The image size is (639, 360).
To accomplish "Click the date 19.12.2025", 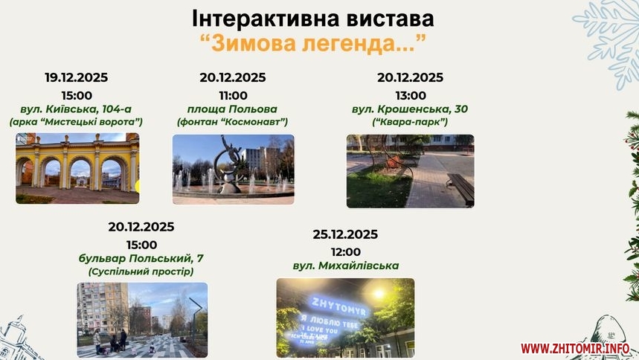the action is (x=76, y=77).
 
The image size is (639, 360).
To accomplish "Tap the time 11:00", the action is (x=233, y=95).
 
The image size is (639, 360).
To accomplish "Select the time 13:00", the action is (x=411, y=95).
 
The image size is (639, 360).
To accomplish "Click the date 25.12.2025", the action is (x=345, y=234).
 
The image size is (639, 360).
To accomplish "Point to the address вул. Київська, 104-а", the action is (x=76, y=109).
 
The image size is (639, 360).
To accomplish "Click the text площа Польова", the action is (x=232, y=109).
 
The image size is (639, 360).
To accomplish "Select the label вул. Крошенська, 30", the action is (x=410, y=109).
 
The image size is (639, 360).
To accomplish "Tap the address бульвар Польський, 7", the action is (x=141, y=259).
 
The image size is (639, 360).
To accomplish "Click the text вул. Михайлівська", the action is (x=346, y=266).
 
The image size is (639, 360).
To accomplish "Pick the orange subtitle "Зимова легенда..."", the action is (x=313, y=43).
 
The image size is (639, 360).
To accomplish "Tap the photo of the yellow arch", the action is (x=77, y=168).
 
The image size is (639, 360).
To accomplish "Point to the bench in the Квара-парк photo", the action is (x=461, y=188).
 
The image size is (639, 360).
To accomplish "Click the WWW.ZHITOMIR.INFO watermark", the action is (x=575, y=349).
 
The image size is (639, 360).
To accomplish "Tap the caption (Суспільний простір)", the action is (x=141, y=271).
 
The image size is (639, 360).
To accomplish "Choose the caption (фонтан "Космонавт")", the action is (x=232, y=122).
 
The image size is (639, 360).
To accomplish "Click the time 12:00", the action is (x=346, y=252).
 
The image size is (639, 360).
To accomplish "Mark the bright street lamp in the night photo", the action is (x=379, y=293).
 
